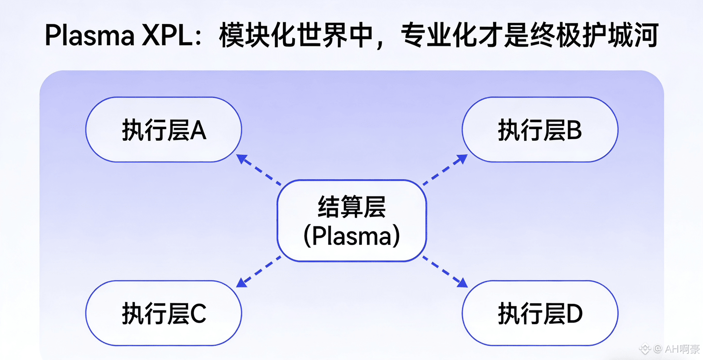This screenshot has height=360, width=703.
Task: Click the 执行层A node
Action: coord(163,130)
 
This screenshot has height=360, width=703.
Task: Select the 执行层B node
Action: coord(540,130)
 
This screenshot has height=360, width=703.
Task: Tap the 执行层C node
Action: coord(163,313)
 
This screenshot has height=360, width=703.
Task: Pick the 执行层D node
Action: coord(540,313)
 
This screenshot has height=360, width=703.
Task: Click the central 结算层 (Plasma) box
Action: coord(351,220)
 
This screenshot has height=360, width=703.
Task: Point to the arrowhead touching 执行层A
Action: coord(242,159)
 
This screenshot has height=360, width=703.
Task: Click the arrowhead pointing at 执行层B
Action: coord(462,159)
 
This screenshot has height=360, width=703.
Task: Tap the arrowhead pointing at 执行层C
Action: coord(242,283)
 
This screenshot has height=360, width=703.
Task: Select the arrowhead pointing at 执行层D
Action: coord(462,283)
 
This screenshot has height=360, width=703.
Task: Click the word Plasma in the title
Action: coord(90,35)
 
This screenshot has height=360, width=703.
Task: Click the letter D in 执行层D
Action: coord(574,314)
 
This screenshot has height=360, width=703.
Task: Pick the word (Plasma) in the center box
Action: coord(351,236)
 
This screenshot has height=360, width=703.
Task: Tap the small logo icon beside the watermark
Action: coord(645,349)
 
